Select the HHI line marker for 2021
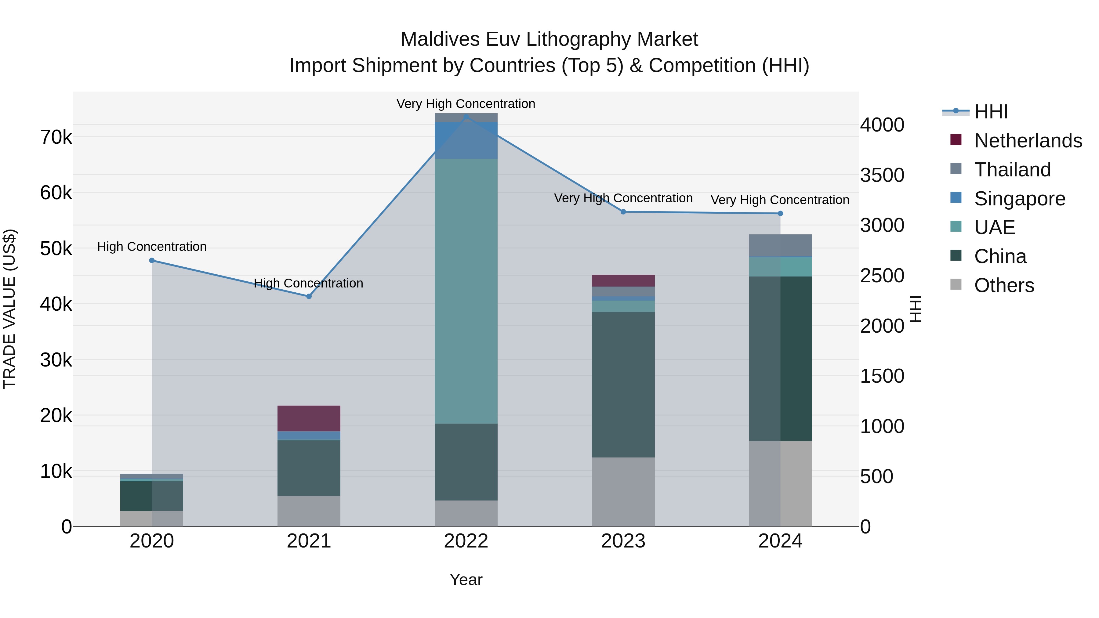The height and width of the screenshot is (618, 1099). pos(309,296)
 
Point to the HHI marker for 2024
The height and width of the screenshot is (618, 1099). pos(780,214)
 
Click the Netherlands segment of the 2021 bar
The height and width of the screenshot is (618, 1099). pos(309,418)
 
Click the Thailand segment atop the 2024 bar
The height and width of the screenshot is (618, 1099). pos(780,246)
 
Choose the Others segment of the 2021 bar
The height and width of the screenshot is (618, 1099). pos(309,511)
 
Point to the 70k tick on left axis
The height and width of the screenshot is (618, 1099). pos(56,137)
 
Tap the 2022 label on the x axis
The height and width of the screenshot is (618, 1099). pos(466,541)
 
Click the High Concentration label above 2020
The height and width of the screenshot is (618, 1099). pos(152,247)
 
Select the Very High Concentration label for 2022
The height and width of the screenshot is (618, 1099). pos(466,104)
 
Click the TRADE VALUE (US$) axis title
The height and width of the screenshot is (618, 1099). pos(9,309)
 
